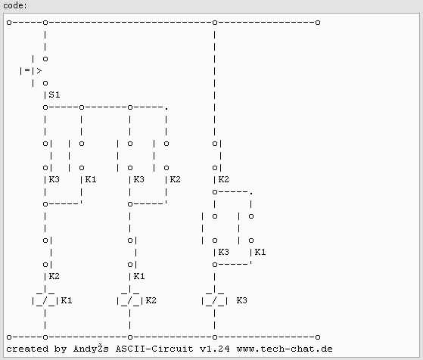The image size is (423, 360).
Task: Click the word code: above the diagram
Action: (15, 5)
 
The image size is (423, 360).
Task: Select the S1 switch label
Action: (54, 95)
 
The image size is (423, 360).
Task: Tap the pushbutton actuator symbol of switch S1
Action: (31, 70)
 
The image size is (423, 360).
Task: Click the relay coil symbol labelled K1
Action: (45, 299)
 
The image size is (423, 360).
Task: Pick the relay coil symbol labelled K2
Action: (129, 299)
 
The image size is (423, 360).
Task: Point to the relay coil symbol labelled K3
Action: (214, 299)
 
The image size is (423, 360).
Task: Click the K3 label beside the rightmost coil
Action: (241, 300)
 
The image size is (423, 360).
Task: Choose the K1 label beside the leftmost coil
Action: (67, 300)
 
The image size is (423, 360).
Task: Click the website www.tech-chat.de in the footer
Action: (285, 349)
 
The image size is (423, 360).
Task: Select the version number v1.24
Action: (215, 349)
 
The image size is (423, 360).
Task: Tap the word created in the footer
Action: (27, 349)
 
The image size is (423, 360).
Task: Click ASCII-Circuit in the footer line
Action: (154, 349)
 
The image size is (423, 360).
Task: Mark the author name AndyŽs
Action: (91, 349)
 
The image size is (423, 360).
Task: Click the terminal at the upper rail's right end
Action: (318, 23)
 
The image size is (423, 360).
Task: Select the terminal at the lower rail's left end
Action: (9, 337)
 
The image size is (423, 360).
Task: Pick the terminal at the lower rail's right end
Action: (318, 337)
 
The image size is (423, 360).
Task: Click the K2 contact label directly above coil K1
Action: (54, 276)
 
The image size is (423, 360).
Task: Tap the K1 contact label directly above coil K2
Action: (139, 276)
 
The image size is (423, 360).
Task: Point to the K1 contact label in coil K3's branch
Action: (260, 252)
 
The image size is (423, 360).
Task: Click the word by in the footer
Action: (61, 349)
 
